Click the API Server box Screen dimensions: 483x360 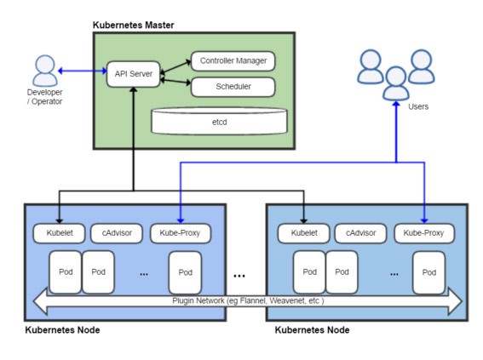coord(134,74)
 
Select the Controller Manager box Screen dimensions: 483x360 coord(233,60)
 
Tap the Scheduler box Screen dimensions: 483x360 coord(233,87)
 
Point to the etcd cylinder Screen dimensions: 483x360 coord(219,121)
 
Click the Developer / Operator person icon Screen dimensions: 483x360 coord(45,71)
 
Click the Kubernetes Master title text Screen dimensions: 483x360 coord(134,25)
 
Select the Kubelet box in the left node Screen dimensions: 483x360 coord(59,233)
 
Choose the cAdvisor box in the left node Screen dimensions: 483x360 coord(117,233)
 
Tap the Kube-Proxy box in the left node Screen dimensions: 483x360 coord(181,233)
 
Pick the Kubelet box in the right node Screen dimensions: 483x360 coord(304,233)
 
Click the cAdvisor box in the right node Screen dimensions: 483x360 coord(360,233)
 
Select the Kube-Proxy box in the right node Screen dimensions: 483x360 coord(424,233)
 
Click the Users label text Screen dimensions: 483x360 coord(418,106)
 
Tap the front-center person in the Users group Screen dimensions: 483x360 coord(396,83)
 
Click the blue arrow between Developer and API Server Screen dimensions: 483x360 coord(83,71)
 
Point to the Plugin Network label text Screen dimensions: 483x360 coord(248,300)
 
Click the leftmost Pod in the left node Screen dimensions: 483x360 coord(66,272)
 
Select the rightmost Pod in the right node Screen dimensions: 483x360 coord(428,272)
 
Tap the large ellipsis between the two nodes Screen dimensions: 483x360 coord(239,276)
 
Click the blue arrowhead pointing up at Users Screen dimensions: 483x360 coord(396,104)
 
